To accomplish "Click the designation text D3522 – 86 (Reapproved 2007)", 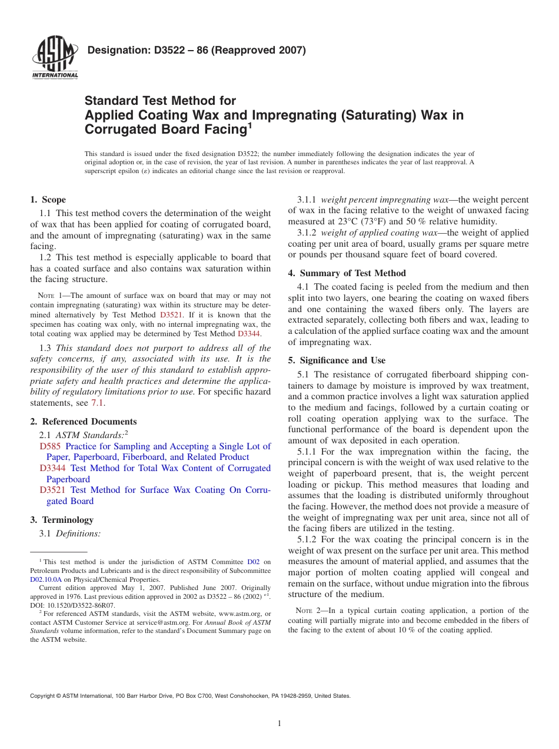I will tap(197, 51).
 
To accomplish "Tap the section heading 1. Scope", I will tap(48, 200).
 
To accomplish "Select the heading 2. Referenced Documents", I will tap(84, 422).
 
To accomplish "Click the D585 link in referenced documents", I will tap(50, 446).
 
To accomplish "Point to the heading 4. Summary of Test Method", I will tap(347, 273).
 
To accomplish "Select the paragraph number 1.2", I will tap(45, 257).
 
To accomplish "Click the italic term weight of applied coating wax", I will tap(379, 233).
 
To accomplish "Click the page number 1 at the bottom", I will tap(279, 724).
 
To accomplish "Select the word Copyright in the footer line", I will tap(42, 695).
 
